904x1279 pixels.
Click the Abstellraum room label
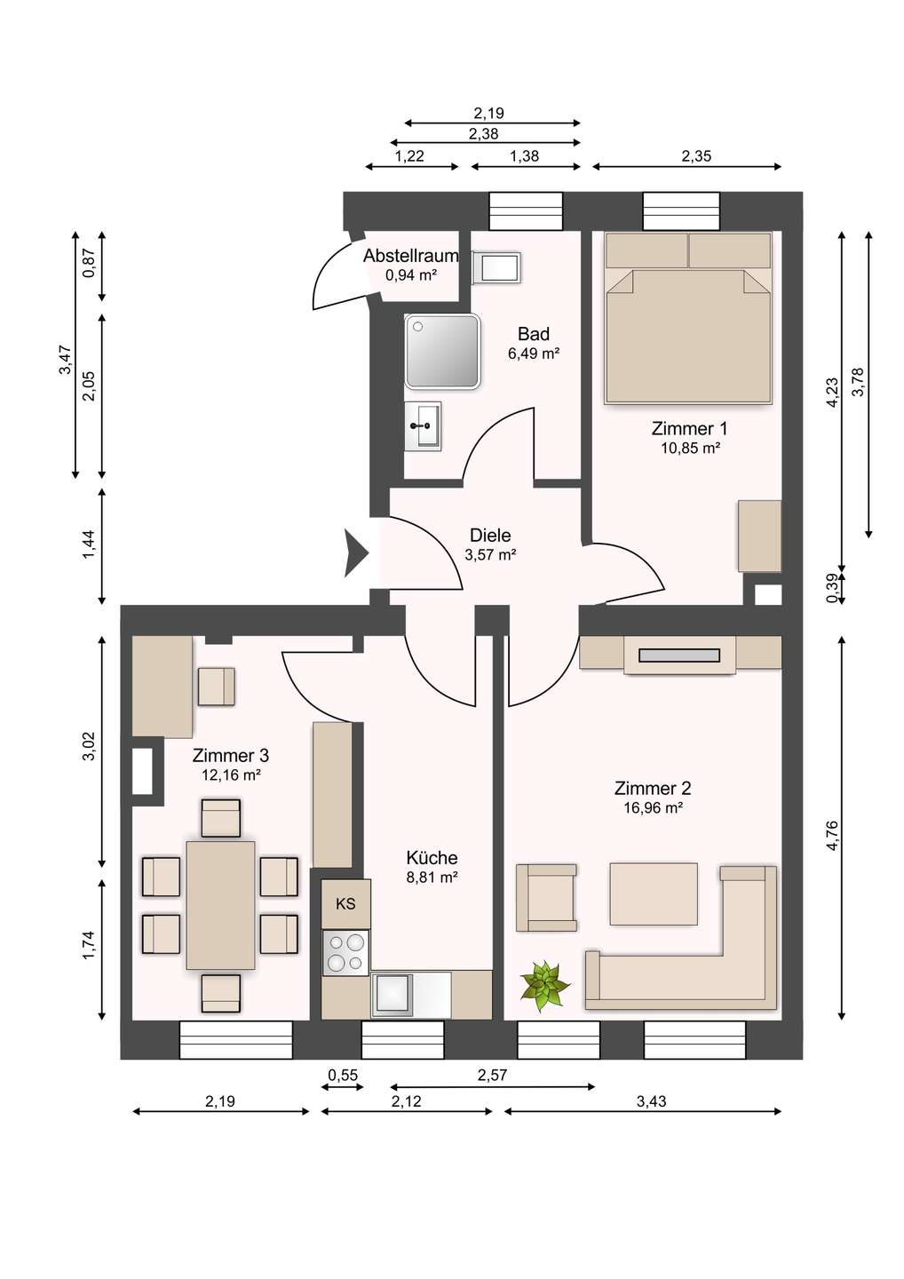click(x=410, y=256)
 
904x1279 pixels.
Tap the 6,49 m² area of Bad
click(x=533, y=354)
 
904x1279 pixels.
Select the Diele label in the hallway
click(x=490, y=536)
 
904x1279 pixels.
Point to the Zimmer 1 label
click(x=689, y=429)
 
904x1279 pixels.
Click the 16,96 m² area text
click(x=653, y=808)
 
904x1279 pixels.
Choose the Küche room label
click(x=432, y=858)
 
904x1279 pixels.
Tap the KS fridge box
click(x=345, y=904)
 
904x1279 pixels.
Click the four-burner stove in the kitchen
click(x=345, y=952)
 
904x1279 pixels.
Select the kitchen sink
click(x=393, y=994)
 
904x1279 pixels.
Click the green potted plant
click(x=544, y=985)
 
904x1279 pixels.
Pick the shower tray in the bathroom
click(x=442, y=351)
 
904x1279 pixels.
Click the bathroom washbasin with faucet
click(x=423, y=426)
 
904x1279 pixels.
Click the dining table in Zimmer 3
click(x=220, y=905)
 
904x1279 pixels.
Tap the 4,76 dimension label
click(x=832, y=836)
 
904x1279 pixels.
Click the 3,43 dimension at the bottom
click(x=651, y=1101)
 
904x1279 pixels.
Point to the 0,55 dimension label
click(x=343, y=1076)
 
